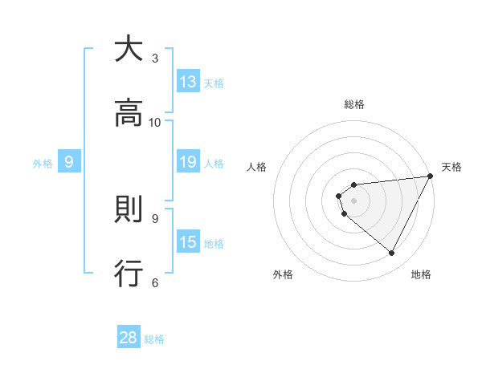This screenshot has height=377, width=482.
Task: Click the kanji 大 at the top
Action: pos(129,50)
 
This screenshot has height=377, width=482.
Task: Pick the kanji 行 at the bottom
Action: pos(129,273)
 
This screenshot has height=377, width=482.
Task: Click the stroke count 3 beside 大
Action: pos(155,59)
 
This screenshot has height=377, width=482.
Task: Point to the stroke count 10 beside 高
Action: pos(155,122)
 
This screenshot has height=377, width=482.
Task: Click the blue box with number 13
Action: pos(188,82)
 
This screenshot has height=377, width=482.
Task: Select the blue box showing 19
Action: pos(188,163)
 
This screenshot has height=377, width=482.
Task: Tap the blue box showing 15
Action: pos(188,242)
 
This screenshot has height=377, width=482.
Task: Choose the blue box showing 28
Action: pos(129,338)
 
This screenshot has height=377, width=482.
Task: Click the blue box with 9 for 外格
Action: pos(69,162)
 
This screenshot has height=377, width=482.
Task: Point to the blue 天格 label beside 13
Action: pos(214,83)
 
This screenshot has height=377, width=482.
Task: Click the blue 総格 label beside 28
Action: pos(154,338)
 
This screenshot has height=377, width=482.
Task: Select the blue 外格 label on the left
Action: pos(43,163)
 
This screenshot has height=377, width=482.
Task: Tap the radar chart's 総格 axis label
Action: pos(354,104)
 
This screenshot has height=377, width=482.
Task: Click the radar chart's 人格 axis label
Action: pos(257,167)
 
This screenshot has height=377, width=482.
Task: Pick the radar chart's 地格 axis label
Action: pos(421,274)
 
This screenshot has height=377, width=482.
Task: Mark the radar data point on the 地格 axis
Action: pos(392,253)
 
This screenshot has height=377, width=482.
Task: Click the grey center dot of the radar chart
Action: pos(354,200)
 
